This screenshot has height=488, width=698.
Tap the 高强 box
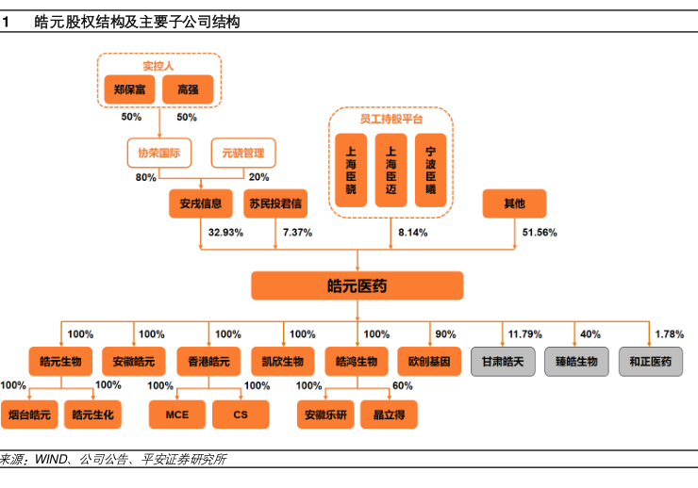click(x=187, y=89)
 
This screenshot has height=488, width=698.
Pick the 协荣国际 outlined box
click(x=159, y=153)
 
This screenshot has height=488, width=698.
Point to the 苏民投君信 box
click(x=275, y=203)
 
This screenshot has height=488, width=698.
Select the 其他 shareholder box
click(x=514, y=203)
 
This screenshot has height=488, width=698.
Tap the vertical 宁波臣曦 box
click(x=431, y=169)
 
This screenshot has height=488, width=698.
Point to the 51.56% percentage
click(x=540, y=232)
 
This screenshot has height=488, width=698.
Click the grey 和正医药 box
click(x=651, y=362)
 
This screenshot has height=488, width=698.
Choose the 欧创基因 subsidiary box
click(x=429, y=362)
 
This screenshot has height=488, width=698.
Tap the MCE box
click(x=178, y=414)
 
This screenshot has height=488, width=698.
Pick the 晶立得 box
click(x=389, y=414)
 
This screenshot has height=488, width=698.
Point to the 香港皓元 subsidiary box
click(x=204, y=362)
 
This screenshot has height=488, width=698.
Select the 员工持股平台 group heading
click(x=391, y=120)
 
